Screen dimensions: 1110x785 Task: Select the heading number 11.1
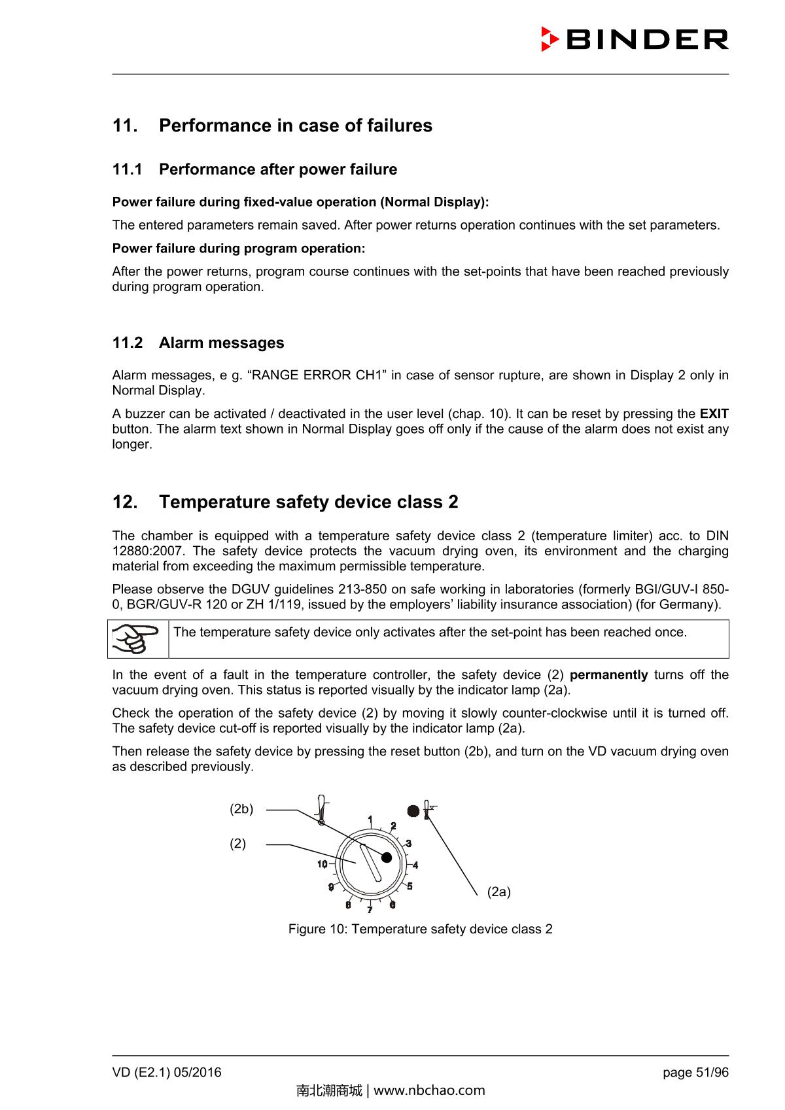127,169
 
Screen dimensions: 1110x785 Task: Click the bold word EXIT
714,414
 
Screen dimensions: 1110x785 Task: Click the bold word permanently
608,675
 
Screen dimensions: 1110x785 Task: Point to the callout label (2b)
241,809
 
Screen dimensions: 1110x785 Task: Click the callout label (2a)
498,892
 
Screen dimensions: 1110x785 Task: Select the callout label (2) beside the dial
237,844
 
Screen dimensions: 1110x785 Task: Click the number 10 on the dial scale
323,864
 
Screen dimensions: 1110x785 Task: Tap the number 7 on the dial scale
370,909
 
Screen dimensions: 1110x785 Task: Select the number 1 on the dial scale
370,820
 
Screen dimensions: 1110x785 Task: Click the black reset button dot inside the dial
387,857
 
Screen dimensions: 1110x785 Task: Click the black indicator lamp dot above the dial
413,811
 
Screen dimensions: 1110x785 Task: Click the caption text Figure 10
420,929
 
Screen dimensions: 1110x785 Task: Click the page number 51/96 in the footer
709,1073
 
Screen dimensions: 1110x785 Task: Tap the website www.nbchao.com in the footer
428,1090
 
